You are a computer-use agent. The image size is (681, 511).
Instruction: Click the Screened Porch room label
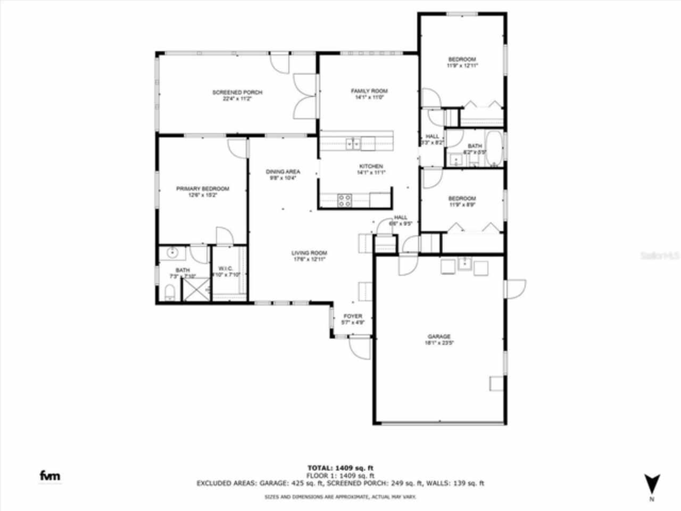(x=237, y=93)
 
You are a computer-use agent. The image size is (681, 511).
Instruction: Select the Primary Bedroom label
(x=203, y=189)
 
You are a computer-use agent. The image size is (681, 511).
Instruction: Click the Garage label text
(x=439, y=336)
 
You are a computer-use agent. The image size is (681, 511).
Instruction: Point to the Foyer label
(x=352, y=316)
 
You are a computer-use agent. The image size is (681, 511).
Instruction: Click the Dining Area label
(x=283, y=172)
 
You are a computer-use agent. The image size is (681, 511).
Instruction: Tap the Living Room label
(x=309, y=253)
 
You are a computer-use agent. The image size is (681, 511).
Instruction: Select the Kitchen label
(x=371, y=167)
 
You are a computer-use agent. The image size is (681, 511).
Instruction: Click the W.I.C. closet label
(x=226, y=268)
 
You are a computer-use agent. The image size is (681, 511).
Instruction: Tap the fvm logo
(x=51, y=475)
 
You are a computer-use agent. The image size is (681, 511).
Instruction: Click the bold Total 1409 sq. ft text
(x=340, y=468)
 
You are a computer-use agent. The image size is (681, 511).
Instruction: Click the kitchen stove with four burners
(x=345, y=200)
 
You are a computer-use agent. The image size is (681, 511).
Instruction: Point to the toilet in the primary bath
(x=170, y=292)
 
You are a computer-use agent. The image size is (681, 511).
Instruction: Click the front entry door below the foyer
(x=360, y=349)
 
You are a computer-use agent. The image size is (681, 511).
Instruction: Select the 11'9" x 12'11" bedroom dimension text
(x=462, y=65)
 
